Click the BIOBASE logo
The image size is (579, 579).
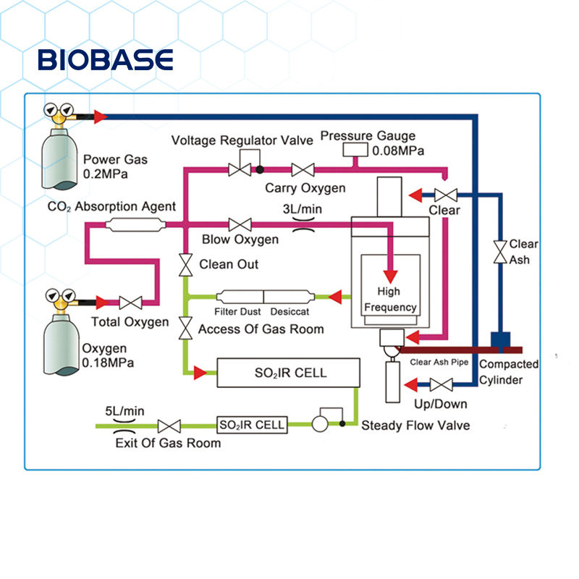point(106,59)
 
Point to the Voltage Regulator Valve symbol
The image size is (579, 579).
point(240,170)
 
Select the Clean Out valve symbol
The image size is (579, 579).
point(185,264)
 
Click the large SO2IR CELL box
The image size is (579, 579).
point(289,373)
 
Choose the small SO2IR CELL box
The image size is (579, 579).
point(252,425)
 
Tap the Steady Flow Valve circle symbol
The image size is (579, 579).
point(319,425)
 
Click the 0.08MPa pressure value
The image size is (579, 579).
point(398,151)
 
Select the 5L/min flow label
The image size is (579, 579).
point(124,411)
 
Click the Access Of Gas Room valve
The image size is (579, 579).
point(185,328)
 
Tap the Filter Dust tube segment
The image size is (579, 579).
point(240,296)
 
